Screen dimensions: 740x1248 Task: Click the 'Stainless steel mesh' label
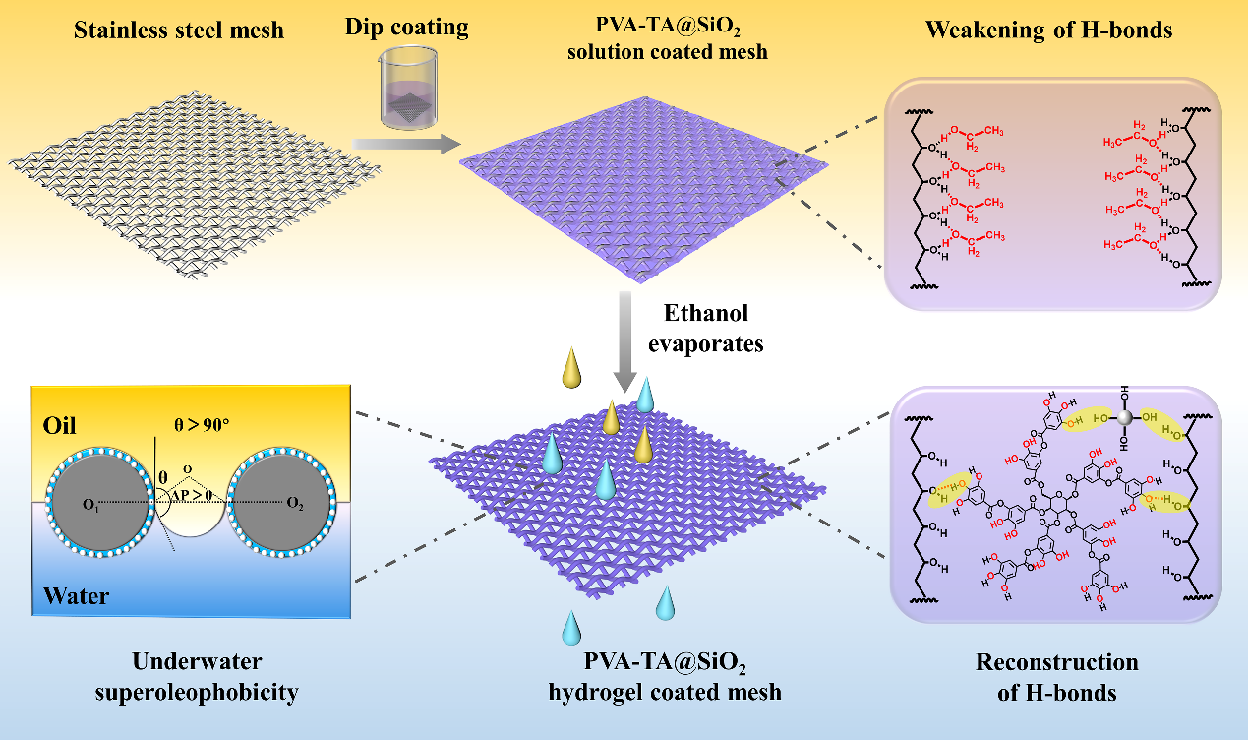[179, 31]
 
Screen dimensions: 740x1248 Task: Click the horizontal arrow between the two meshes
[406, 145]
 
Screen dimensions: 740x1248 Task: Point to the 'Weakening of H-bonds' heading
[1048, 31]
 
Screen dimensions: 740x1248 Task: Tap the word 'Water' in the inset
[76, 595]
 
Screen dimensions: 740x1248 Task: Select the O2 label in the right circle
[294, 505]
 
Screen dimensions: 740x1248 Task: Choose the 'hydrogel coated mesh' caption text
[665, 692]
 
